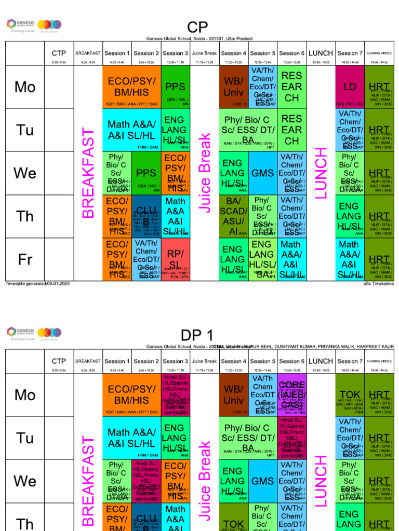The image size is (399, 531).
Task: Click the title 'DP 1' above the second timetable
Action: [x=197, y=335]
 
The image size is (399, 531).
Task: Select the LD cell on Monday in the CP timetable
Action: [x=350, y=87]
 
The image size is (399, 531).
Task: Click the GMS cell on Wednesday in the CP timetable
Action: [x=262, y=173]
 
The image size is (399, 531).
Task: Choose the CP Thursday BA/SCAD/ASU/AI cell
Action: [x=233, y=216]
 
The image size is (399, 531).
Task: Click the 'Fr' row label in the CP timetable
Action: [x=25, y=259]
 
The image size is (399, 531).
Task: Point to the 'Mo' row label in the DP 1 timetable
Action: [x=25, y=395]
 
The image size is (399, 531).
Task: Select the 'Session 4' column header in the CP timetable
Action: [x=233, y=53]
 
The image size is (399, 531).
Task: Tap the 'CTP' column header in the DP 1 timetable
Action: [x=59, y=361]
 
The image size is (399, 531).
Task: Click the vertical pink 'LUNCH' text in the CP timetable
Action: [x=321, y=173]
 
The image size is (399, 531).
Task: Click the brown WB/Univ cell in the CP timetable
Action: [x=233, y=87]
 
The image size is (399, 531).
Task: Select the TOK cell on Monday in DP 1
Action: [x=350, y=395]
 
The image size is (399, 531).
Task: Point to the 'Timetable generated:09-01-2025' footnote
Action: [x=37, y=284]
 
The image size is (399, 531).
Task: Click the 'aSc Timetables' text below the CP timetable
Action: [x=378, y=284]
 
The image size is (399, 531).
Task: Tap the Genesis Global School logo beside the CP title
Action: [x=34, y=24]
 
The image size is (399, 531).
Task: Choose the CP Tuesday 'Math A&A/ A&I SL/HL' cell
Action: [x=131, y=130]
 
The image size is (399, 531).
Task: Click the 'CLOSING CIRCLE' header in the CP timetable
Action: [x=379, y=53]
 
